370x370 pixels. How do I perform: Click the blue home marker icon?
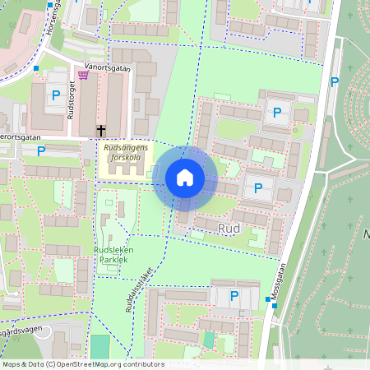[185, 178]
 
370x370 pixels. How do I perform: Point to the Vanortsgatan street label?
[107, 69]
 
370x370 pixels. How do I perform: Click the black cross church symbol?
[101, 130]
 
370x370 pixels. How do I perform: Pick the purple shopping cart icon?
[82, 75]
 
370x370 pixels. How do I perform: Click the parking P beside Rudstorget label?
[55, 96]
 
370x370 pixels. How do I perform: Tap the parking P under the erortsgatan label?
[41, 150]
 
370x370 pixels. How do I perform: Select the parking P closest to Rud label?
[258, 188]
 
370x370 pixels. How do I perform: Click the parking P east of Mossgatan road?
[335, 82]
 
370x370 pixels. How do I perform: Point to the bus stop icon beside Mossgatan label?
[275, 306]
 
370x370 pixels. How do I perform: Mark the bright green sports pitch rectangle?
[99, 346]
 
